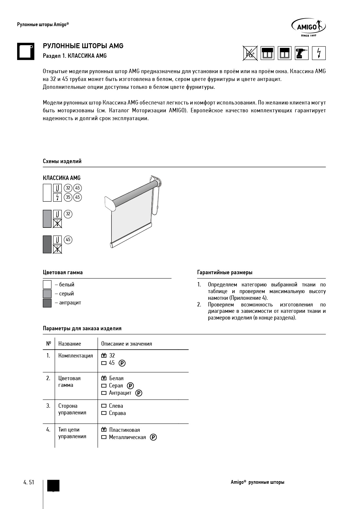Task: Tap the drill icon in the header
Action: (302, 53)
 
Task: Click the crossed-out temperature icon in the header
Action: (250, 53)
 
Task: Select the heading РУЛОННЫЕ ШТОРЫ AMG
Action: (83, 46)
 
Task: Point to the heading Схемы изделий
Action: (62, 161)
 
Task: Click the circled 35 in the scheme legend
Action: (68, 197)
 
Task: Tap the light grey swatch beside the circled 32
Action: (47, 219)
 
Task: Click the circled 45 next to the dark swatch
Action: (68, 240)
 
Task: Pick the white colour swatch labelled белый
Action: (47, 284)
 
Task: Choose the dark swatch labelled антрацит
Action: (47, 303)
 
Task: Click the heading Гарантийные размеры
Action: (225, 272)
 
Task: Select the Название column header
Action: (70, 344)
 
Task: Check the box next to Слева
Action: (104, 406)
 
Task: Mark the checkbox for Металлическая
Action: (104, 437)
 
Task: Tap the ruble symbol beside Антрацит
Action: (139, 393)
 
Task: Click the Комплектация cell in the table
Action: (75, 356)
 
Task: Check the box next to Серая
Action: (104, 386)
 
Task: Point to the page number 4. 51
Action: (29, 482)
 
